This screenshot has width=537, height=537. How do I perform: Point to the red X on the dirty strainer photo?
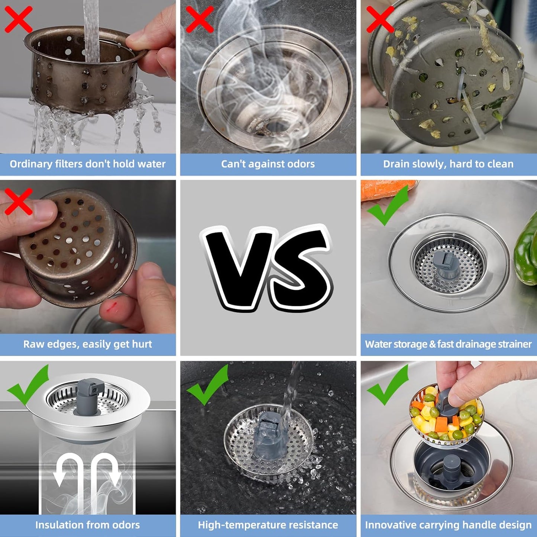click(x=380, y=19)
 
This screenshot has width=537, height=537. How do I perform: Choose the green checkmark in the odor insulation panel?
click(x=28, y=385)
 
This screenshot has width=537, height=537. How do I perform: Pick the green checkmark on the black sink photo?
click(x=207, y=385)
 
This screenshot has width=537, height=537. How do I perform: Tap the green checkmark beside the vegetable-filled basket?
click(x=388, y=385)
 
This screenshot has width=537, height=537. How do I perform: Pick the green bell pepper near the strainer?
click(x=526, y=253)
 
